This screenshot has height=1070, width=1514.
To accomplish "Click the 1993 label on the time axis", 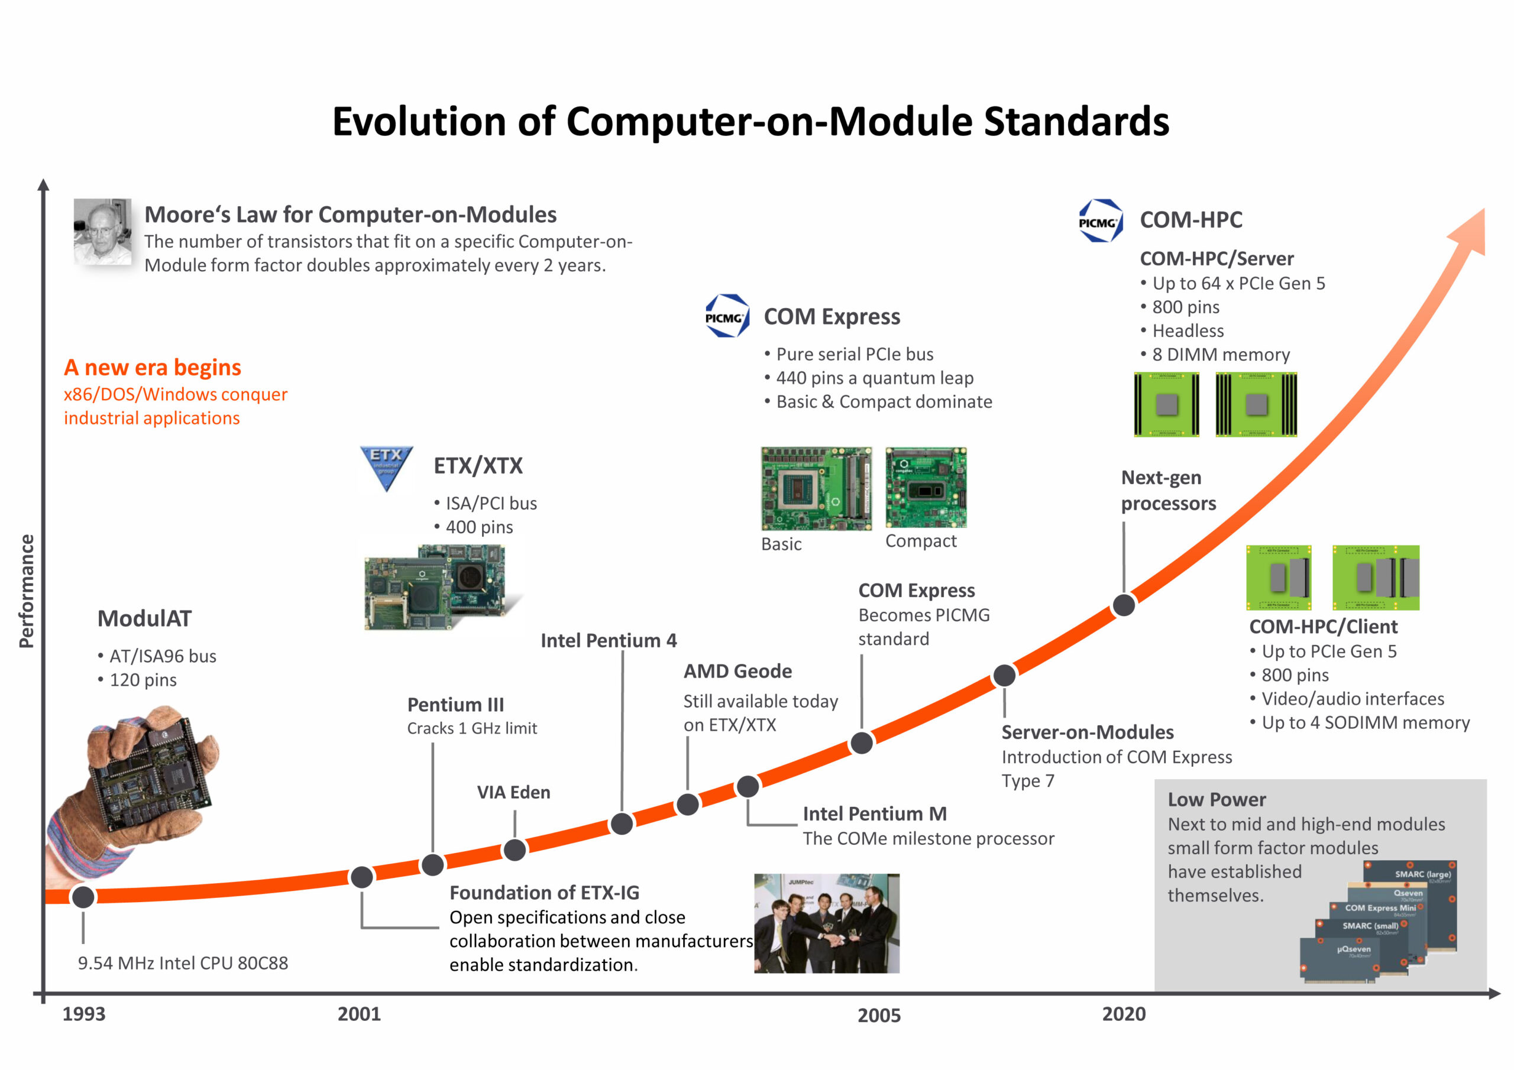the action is click(x=84, y=1013).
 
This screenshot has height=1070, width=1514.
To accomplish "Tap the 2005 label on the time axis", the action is click(x=879, y=1014).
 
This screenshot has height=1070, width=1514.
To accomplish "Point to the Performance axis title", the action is click(x=27, y=591).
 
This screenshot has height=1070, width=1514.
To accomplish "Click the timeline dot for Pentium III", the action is click(x=432, y=864).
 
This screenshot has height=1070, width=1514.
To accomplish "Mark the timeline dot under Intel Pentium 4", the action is click(x=622, y=823).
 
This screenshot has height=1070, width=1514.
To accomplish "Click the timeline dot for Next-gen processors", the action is click(x=1124, y=605).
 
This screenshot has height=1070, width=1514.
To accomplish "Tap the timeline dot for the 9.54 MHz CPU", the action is click(x=83, y=897).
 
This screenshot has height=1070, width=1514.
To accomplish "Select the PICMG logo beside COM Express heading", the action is click(x=727, y=316).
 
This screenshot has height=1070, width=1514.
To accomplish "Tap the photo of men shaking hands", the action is click(x=827, y=923).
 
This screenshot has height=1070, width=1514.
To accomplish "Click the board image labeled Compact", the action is click(x=926, y=487).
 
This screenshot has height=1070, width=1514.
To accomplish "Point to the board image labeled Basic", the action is click(x=816, y=488).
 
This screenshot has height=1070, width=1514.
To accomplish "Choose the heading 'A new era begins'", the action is click(x=153, y=367).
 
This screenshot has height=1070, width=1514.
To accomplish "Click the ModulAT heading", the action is click(x=144, y=618).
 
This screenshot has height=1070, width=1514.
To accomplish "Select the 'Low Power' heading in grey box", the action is click(x=1217, y=799).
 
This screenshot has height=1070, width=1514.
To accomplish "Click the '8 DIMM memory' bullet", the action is click(x=1215, y=355).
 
